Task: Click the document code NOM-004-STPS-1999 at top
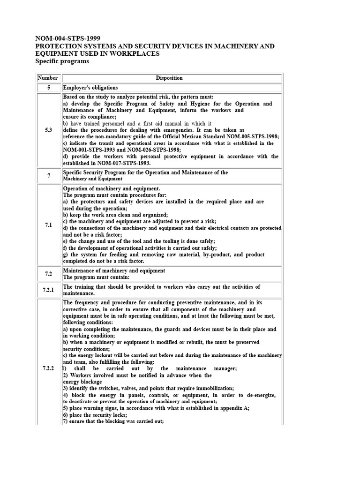click(67, 38)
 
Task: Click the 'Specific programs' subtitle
click(62, 61)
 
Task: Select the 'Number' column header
click(48, 78)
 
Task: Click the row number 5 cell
click(48, 88)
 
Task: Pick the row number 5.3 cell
click(48, 130)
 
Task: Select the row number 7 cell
click(48, 175)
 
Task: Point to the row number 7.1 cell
click(48, 225)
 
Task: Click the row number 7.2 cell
click(48, 274)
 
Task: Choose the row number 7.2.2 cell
click(48, 368)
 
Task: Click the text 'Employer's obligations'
click(90, 88)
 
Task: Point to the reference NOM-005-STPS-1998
click(246, 136)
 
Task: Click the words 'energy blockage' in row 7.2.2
click(82, 382)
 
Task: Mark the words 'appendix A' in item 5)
click(234, 408)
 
